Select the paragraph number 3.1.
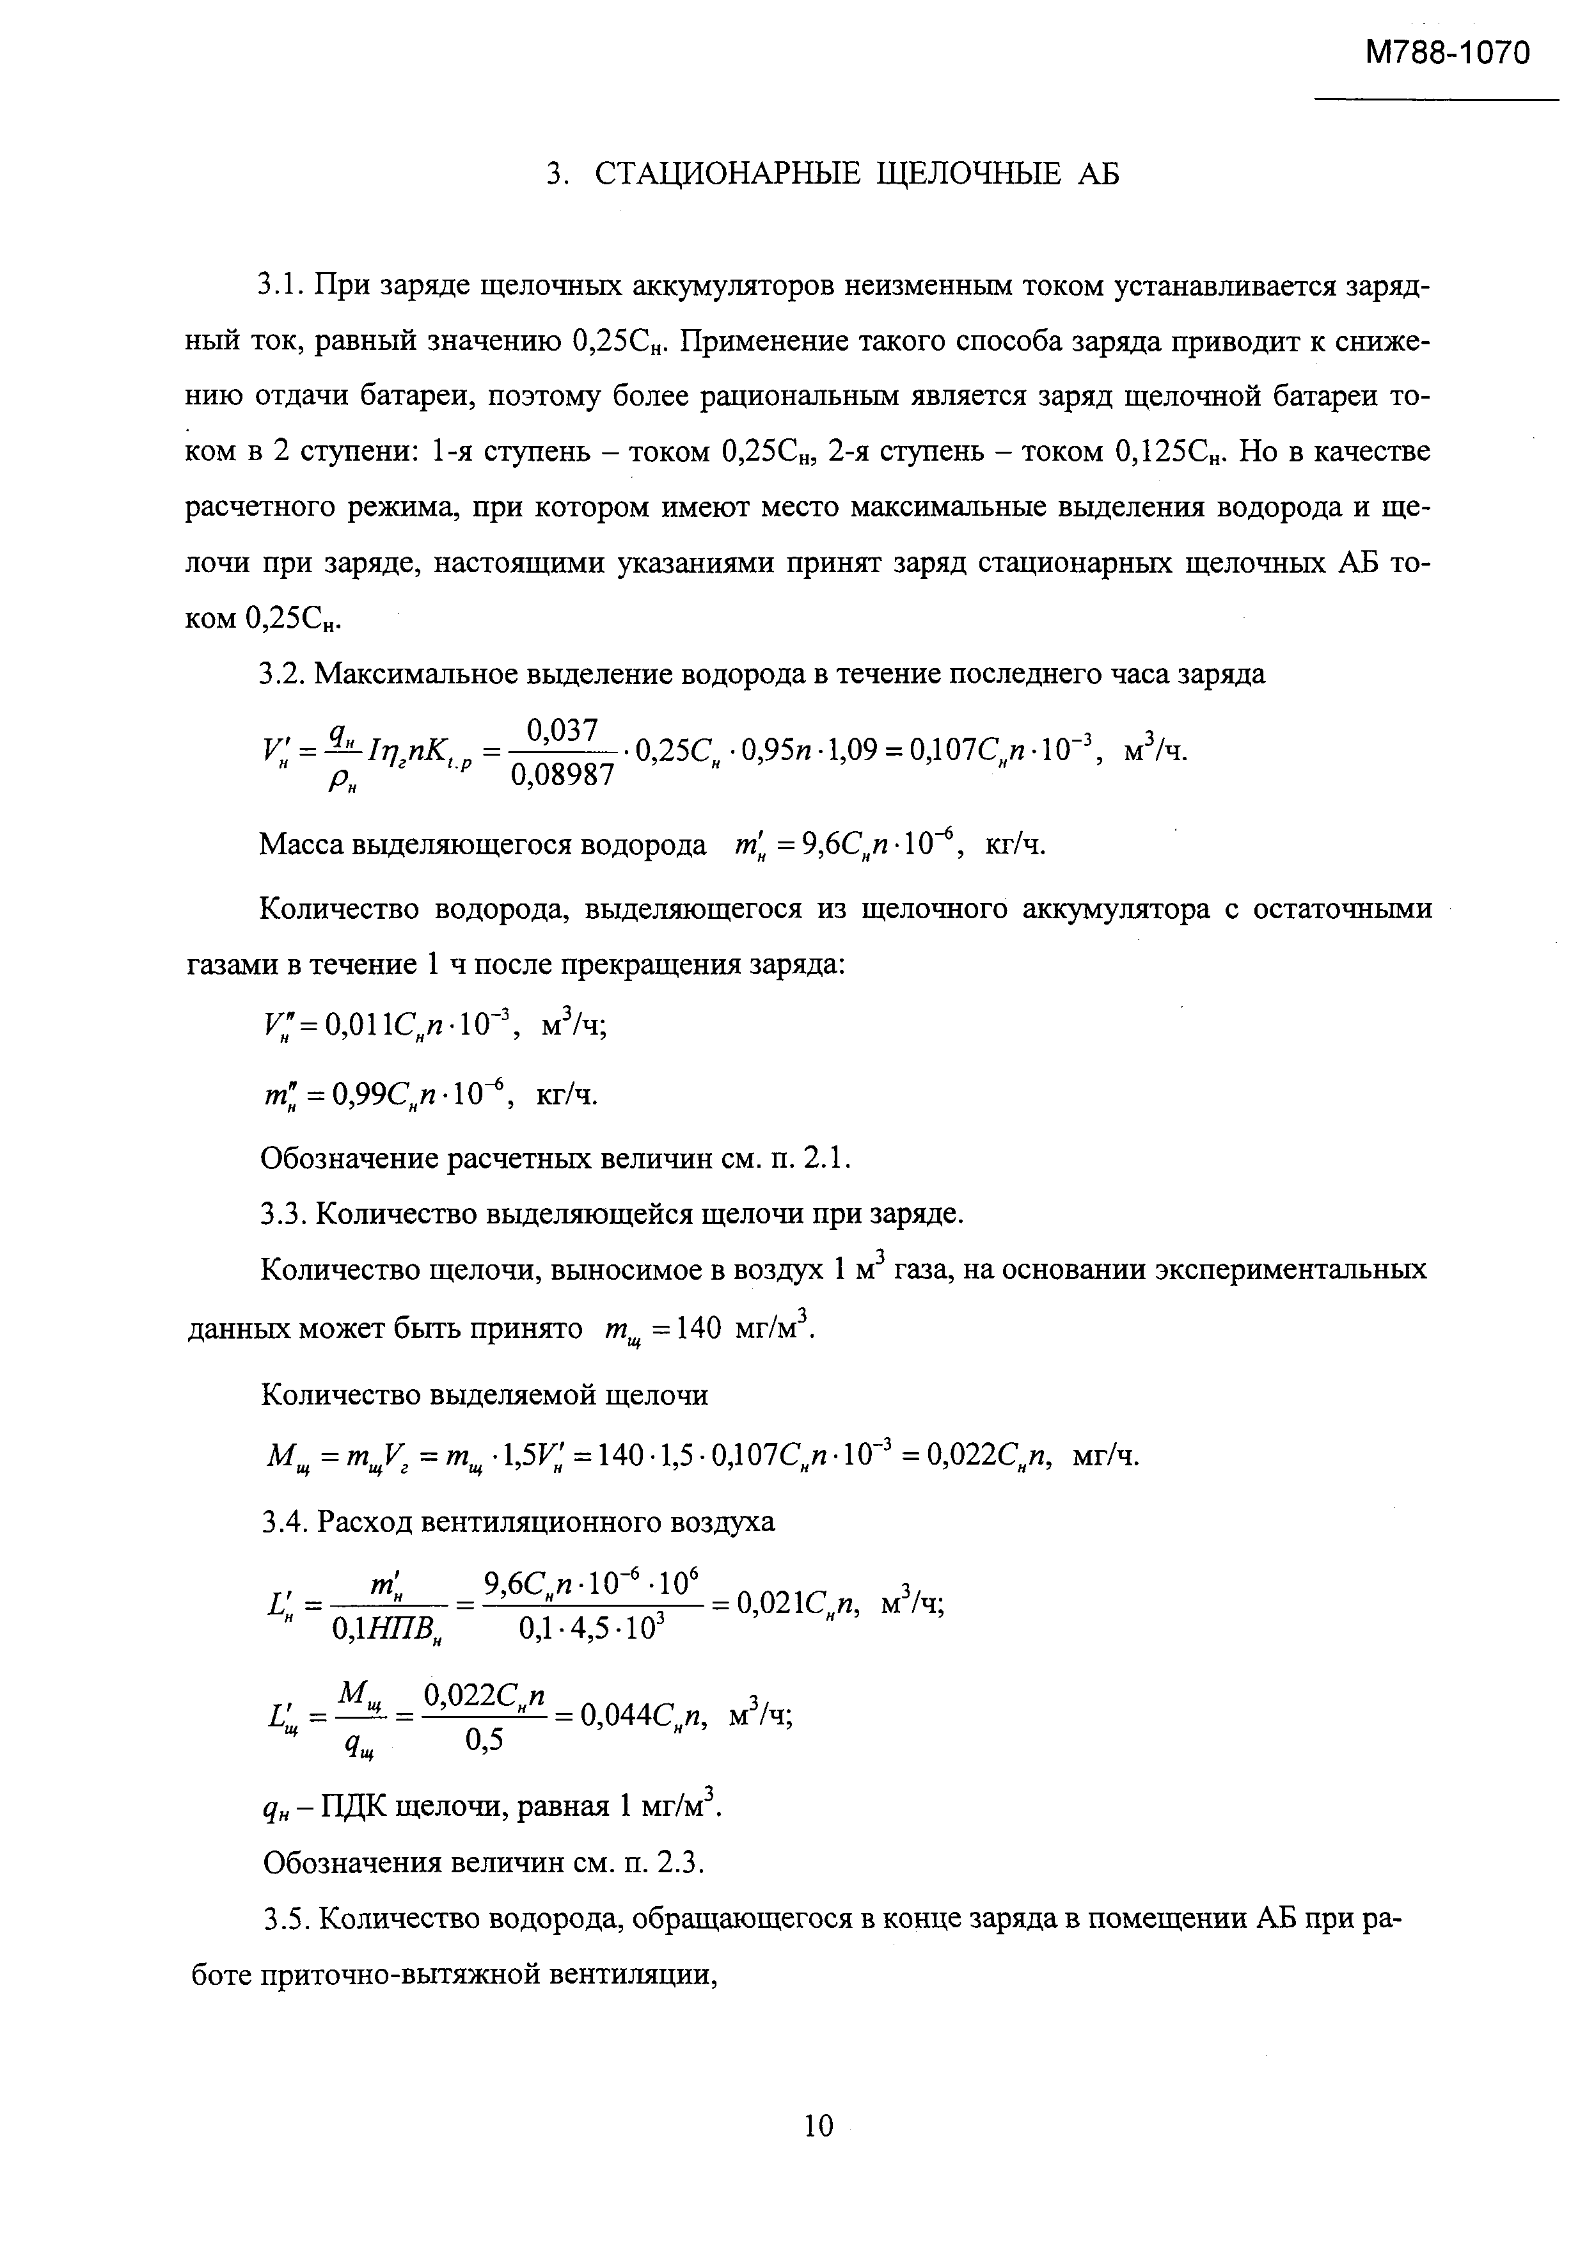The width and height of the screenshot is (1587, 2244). (x=283, y=287)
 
